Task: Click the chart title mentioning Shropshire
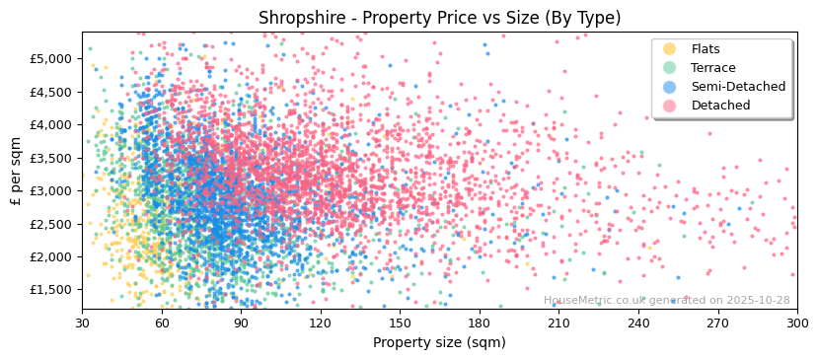pyautogui.click(x=439, y=18)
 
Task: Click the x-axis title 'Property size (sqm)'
pyautogui.click(x=439, y=342)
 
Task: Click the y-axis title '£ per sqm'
pyautogui.click(x=16, y=172)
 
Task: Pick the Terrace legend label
pyautogui.click(x=713, y=68)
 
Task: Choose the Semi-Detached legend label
pyautogui.click(x=738, y=87)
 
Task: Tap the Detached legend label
pyautogui.click(x=720, y=106)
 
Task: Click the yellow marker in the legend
pyautogui.click(x=670, y=49)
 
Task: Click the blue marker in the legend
pyautogui.click(x=670, y=87)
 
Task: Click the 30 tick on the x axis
pyautogui.click(x=82, y=323)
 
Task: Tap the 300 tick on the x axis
pyautogui.click(x=797, y=323)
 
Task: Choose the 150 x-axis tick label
pyautogui.click(x=400, y=323)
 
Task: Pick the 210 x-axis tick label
pyautogui.click(x=558, y=323)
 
